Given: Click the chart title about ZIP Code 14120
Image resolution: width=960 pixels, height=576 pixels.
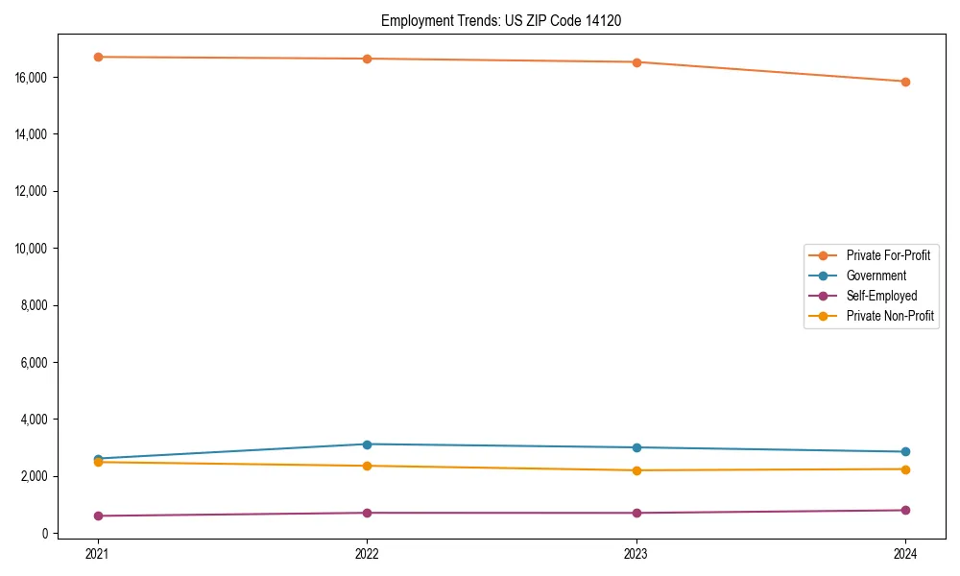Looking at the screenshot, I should click(x=500, y=20).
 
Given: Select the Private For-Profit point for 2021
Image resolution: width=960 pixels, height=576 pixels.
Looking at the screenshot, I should click(x=98, y=57).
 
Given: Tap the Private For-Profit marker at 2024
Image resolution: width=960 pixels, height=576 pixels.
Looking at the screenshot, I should click(x=905, y=82).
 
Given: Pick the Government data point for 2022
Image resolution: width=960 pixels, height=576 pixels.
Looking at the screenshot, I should click(x=367, y=444).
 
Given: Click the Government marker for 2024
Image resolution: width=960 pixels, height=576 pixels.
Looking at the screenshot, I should click(x=905, y=452).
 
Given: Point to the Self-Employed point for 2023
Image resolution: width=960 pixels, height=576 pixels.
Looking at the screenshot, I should click(x=636, y=513).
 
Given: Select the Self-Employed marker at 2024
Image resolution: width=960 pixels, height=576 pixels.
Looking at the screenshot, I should click(x=905, y=510).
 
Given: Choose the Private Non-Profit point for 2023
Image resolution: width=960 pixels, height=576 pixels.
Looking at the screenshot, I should click(x=636, y=470).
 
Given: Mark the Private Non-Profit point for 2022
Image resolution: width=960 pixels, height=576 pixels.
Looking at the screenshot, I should click(x=367, y=466).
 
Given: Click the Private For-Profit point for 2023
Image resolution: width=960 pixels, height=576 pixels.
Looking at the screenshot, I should click(x=636, y=62).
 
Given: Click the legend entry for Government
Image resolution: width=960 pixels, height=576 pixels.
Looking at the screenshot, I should click(x=876, y=276).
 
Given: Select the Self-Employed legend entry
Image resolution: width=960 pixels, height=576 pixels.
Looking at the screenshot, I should click(x=881, y=296).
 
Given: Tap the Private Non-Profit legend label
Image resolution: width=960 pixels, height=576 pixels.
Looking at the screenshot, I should click(x=890, y=316).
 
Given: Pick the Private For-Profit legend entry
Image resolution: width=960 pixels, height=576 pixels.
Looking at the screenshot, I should click(x=888, y=255).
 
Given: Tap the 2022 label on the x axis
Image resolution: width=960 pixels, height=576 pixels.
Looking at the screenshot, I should click(x=367, y=553).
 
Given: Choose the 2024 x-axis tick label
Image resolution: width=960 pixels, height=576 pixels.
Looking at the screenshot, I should click(x=905, y=553).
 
